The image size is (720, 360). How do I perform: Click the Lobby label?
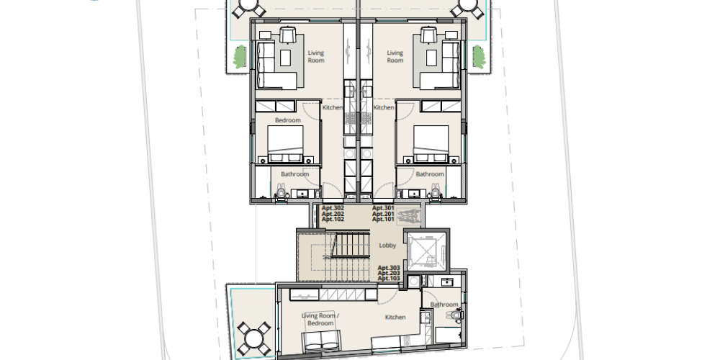coord(387,246)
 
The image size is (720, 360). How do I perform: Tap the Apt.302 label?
coord(333,208)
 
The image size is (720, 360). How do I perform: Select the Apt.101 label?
coord(383,220)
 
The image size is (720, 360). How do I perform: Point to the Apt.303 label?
coord(389,268)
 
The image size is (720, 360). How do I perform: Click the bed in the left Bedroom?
coord(285,144)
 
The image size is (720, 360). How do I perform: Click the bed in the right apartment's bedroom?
coord(431,144)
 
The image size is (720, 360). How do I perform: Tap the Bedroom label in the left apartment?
coord(288,120)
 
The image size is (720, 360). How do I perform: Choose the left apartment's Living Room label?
coord(316,56)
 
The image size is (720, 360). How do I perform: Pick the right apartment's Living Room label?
coord(395,56)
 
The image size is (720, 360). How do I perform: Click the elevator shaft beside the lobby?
coord(425,251)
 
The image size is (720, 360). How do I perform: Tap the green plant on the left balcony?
coord(240,57)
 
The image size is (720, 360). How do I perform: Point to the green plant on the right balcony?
coord(479,57)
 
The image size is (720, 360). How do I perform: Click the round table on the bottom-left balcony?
coord(253,339)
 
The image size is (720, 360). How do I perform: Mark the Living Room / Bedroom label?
coord(320,319)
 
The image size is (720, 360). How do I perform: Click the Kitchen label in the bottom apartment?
coord(395,318)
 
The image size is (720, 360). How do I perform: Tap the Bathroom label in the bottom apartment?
coord(444,305)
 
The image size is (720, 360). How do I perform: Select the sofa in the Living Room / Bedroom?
coord(321,341)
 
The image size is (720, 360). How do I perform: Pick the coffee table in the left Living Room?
coord(286,58)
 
